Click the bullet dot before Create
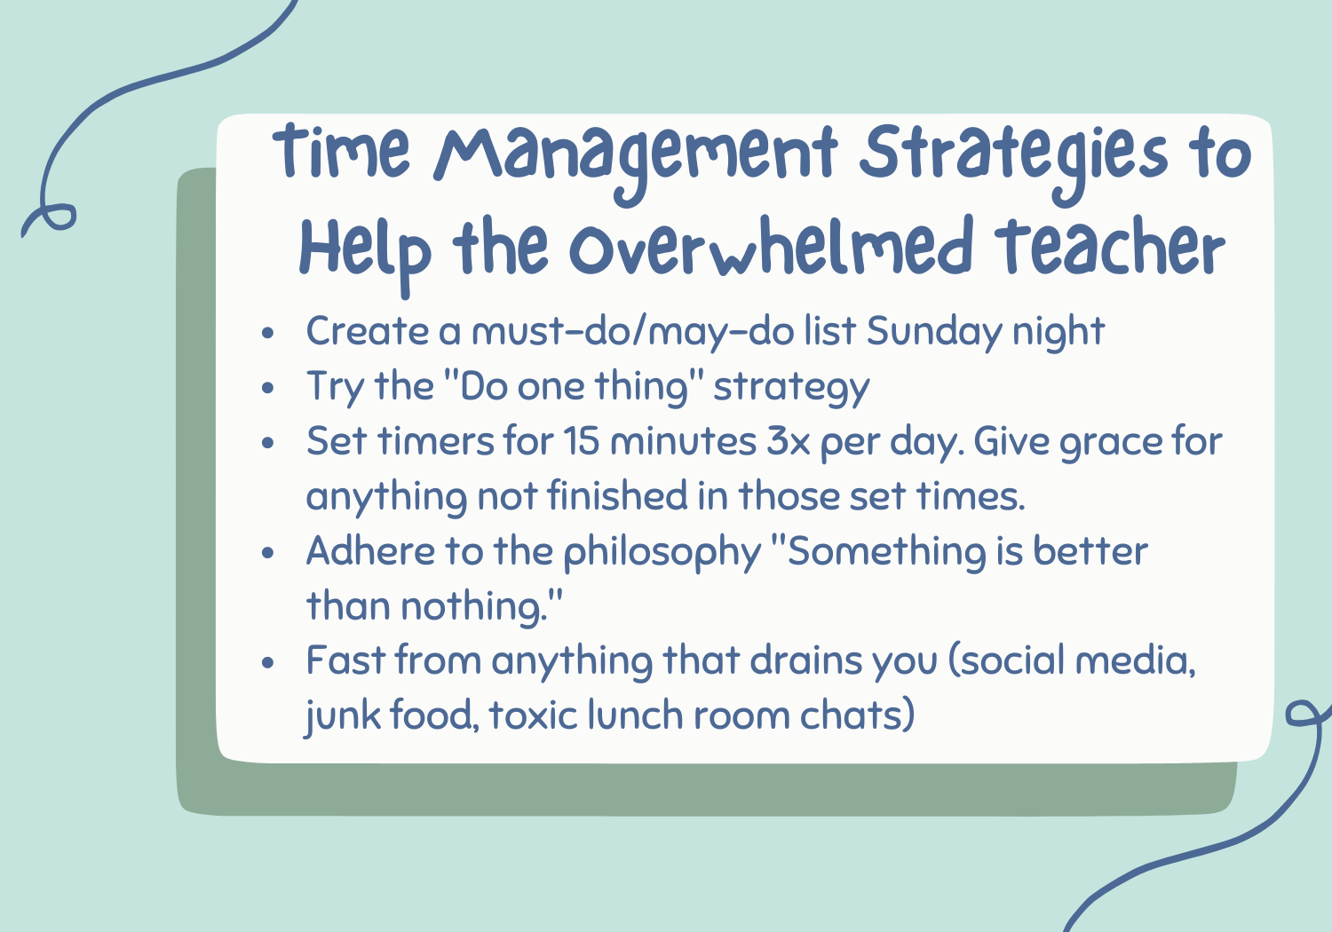(268, 333)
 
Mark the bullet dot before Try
(268, 388)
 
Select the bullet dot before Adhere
(268, 552)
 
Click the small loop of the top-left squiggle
(55, 217)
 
